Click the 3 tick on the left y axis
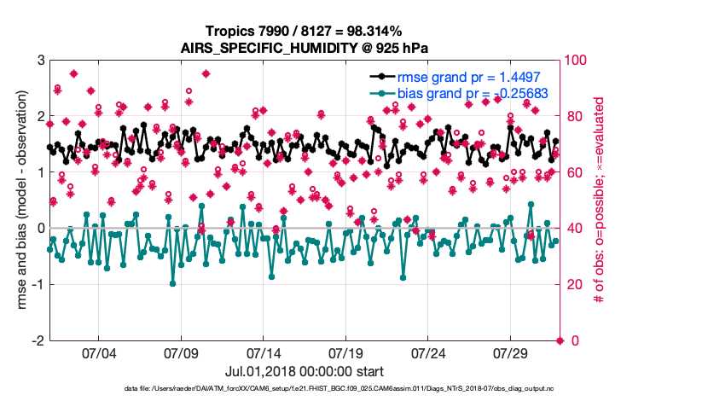[x=40, y=61]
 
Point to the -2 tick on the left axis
[x=38, y=341]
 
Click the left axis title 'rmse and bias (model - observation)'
[x=19, y=200]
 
